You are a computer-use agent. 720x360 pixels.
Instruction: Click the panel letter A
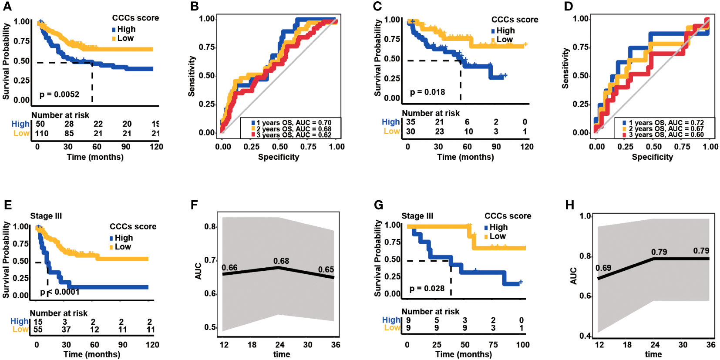7,7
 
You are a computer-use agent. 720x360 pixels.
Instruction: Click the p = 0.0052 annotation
59,94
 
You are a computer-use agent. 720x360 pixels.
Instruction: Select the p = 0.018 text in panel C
427,92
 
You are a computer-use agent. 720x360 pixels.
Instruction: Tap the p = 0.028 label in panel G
427,289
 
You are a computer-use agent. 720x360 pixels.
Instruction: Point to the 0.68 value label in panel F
281,261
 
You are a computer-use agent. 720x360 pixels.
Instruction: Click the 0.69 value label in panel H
603,268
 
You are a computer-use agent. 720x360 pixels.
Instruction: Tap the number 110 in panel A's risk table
42,134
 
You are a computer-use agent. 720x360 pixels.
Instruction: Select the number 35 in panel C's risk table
410,122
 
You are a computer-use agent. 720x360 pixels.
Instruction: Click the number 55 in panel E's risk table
38,330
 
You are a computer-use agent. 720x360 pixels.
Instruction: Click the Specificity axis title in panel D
652,157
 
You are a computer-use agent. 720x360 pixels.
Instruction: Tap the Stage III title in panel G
417,216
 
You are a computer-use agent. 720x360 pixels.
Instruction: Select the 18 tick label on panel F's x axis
252,345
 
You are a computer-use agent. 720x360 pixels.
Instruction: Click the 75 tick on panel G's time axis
493,345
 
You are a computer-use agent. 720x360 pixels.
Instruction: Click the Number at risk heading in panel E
58,313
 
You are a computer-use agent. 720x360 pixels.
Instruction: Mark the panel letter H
569,205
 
